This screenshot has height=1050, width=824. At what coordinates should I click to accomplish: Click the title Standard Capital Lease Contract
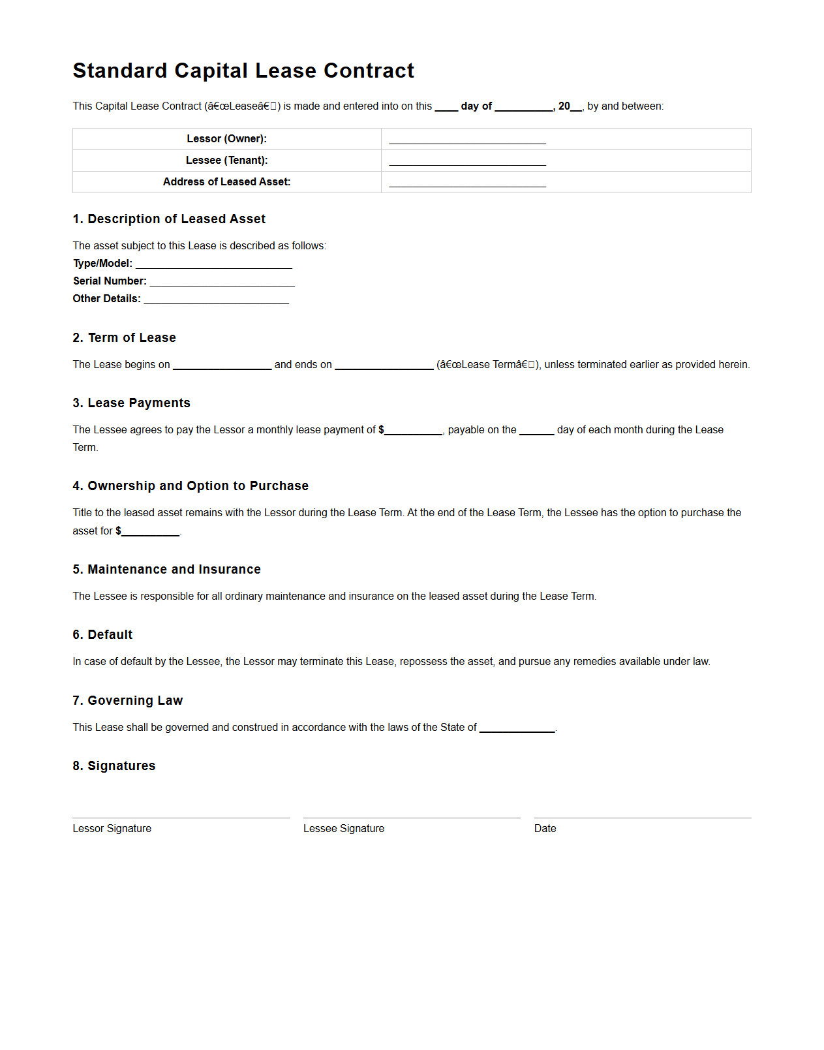pos(243,70)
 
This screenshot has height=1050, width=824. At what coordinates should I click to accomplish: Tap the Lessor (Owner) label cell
pos(226,139)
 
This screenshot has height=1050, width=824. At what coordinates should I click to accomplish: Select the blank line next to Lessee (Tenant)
pos(467,161)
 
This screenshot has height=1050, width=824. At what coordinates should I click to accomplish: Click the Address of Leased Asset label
pos(226,182)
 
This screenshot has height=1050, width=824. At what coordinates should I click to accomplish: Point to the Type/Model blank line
pos(214,264)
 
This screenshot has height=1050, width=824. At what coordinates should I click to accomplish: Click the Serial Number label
pos(110,281)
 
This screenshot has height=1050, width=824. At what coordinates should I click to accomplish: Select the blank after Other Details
pos(216,300)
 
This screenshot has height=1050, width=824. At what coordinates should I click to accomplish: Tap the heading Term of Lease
pos(124,338)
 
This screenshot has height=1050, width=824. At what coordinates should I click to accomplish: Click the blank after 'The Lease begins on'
pos(222,365)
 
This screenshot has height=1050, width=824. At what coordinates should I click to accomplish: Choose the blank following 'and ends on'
pos(384,365)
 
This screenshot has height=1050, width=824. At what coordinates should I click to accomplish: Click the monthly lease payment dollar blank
pos(414,431)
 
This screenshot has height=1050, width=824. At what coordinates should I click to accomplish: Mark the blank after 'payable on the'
pos(536,431)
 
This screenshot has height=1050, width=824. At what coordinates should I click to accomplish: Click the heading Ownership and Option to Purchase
pos(191,486)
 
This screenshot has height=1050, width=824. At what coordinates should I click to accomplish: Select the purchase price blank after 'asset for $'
pos(151,532)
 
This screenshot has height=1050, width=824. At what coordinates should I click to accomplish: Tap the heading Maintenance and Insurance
pos(166,570)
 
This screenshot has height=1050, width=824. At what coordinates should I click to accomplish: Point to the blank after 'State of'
pos(517,728)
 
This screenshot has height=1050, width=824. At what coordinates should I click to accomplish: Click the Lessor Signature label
pos(112,829)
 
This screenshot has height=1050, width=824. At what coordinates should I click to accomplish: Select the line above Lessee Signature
pos(412,818)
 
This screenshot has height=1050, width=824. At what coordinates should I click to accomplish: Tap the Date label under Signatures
pos(545,829)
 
